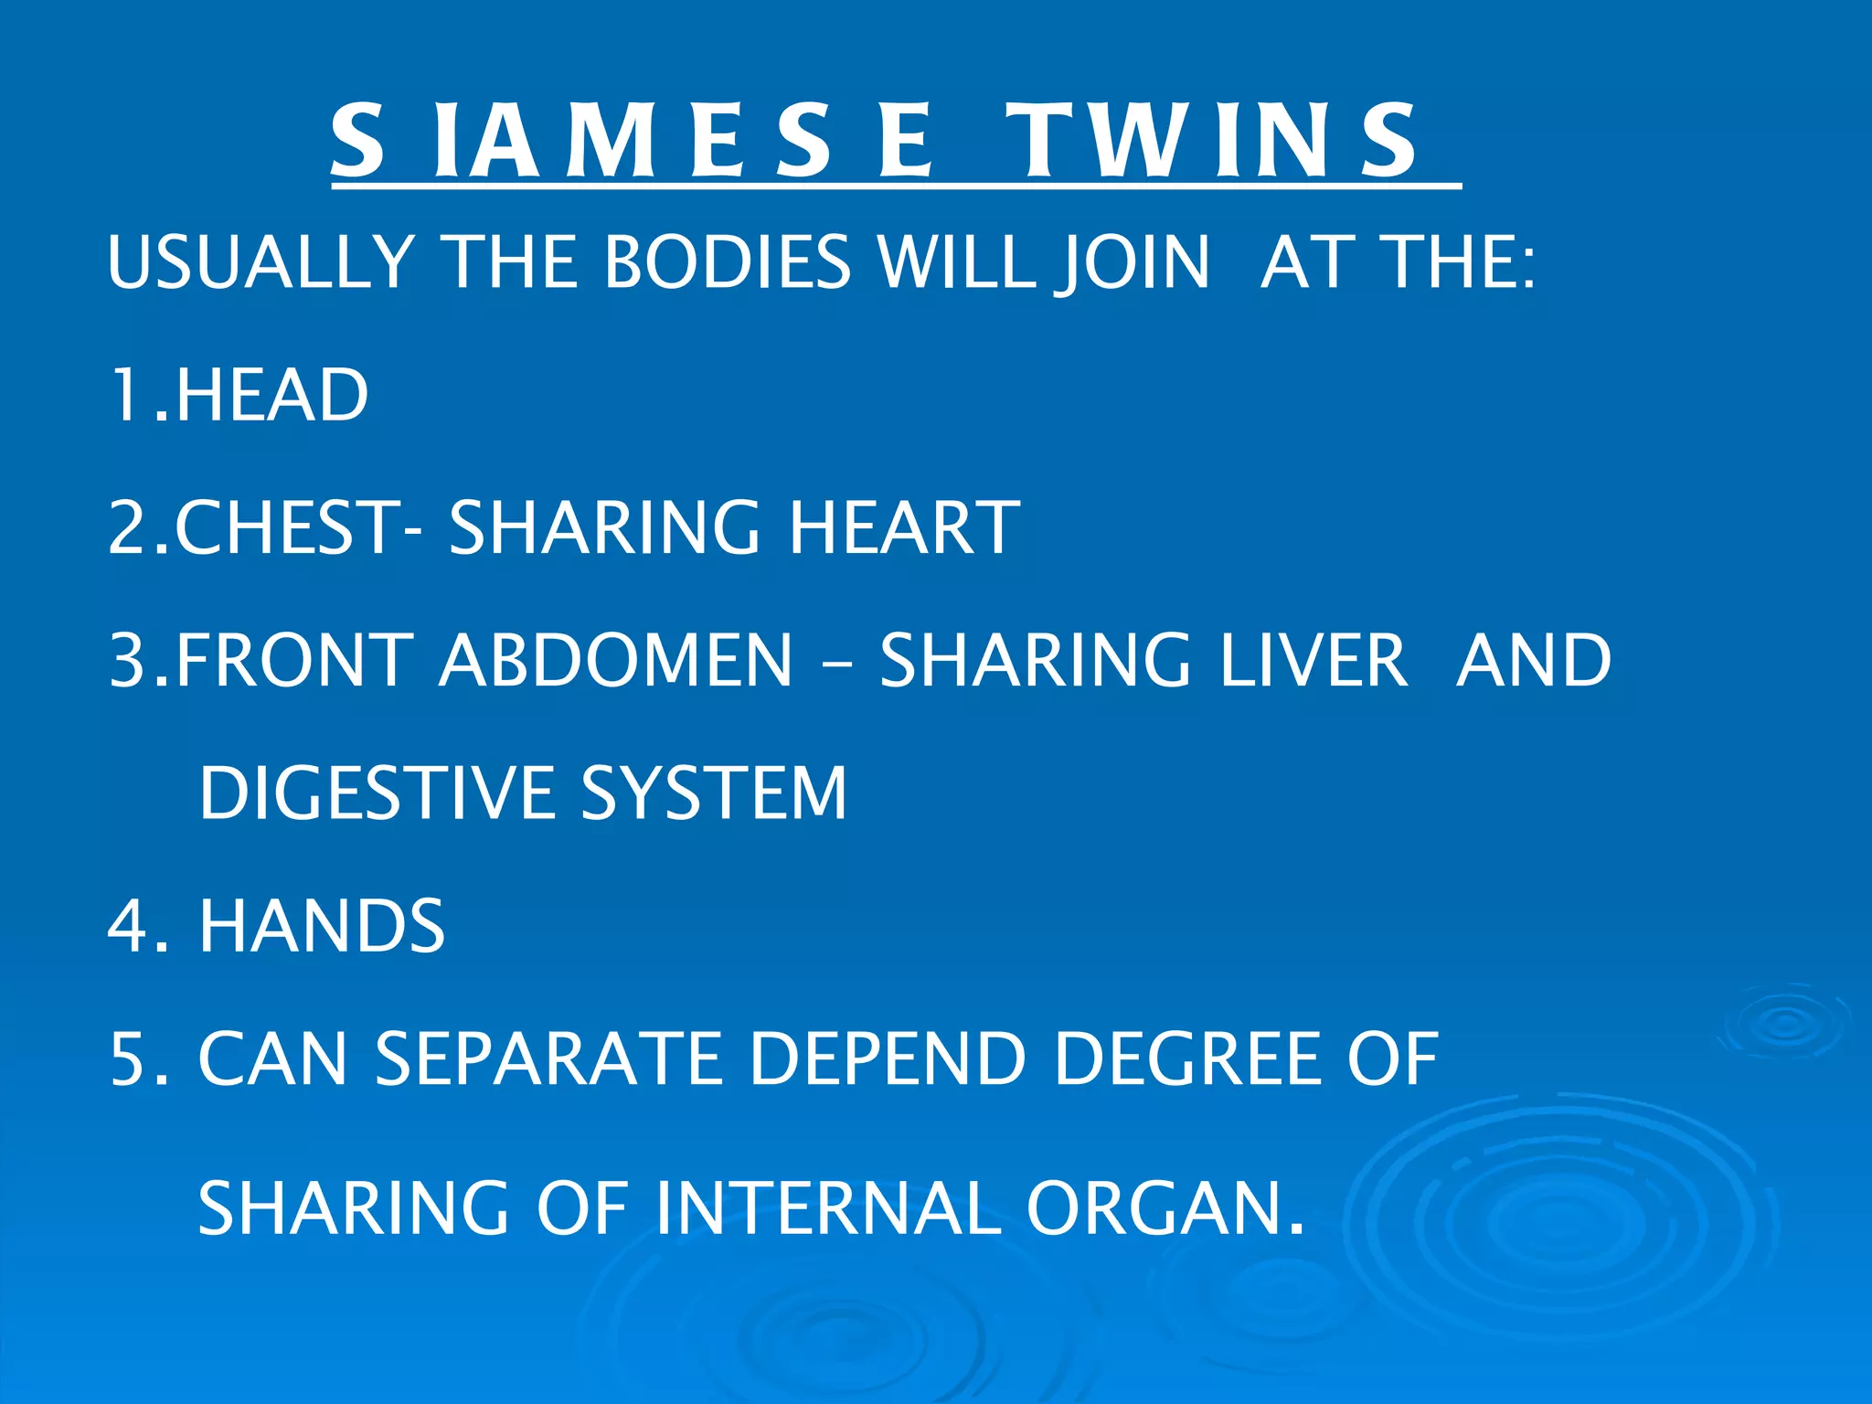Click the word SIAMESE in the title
pos(632,142)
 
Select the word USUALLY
pos(261,262)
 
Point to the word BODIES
pos(728,262)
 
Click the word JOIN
pos(1133,262)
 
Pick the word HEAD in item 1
pos(271,395)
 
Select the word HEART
pos(904,527)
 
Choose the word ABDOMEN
pos(616,660)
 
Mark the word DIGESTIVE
pos(376,792)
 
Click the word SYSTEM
pos(714,792)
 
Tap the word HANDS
pos(322,926)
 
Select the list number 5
pos(127,1058)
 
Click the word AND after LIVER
pos(1535,660)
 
